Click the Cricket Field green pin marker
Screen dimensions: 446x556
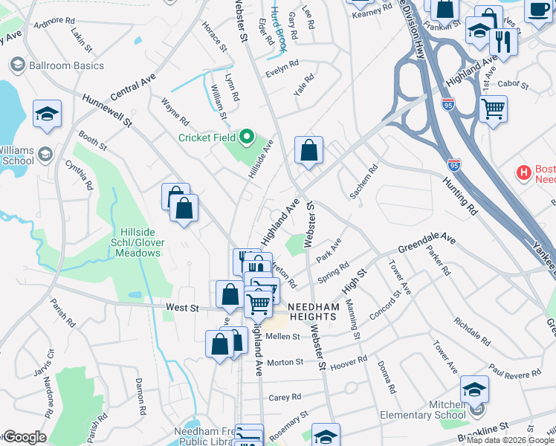pyautogui.click(x=247, y=137)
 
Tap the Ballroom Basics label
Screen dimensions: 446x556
pyautogui.click(x=65, y=65)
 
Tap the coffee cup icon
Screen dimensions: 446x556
pyautogui.click(x=538, y=9)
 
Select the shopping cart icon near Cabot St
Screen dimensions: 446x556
pyautogui.click(x=493, y=109)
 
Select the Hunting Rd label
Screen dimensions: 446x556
pyautogui.click(x=462, y=194)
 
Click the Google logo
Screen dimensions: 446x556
pyautogui.click(x=24, y=437)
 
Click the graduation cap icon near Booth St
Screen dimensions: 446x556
pyautogui.click(x=47, y=113)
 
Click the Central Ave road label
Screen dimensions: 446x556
pyautogui.click(x=133, y=86)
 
